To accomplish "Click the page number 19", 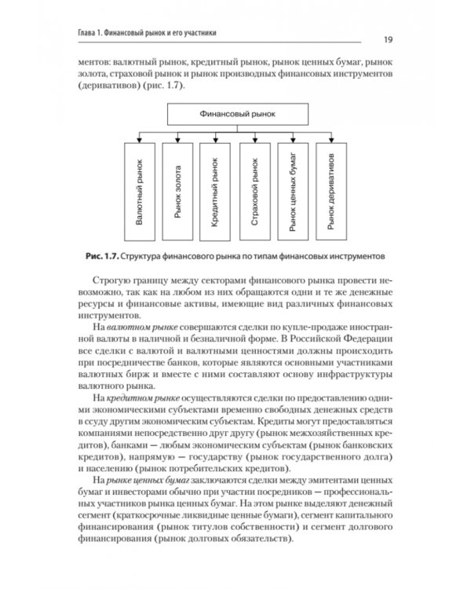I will click(389, 39).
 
